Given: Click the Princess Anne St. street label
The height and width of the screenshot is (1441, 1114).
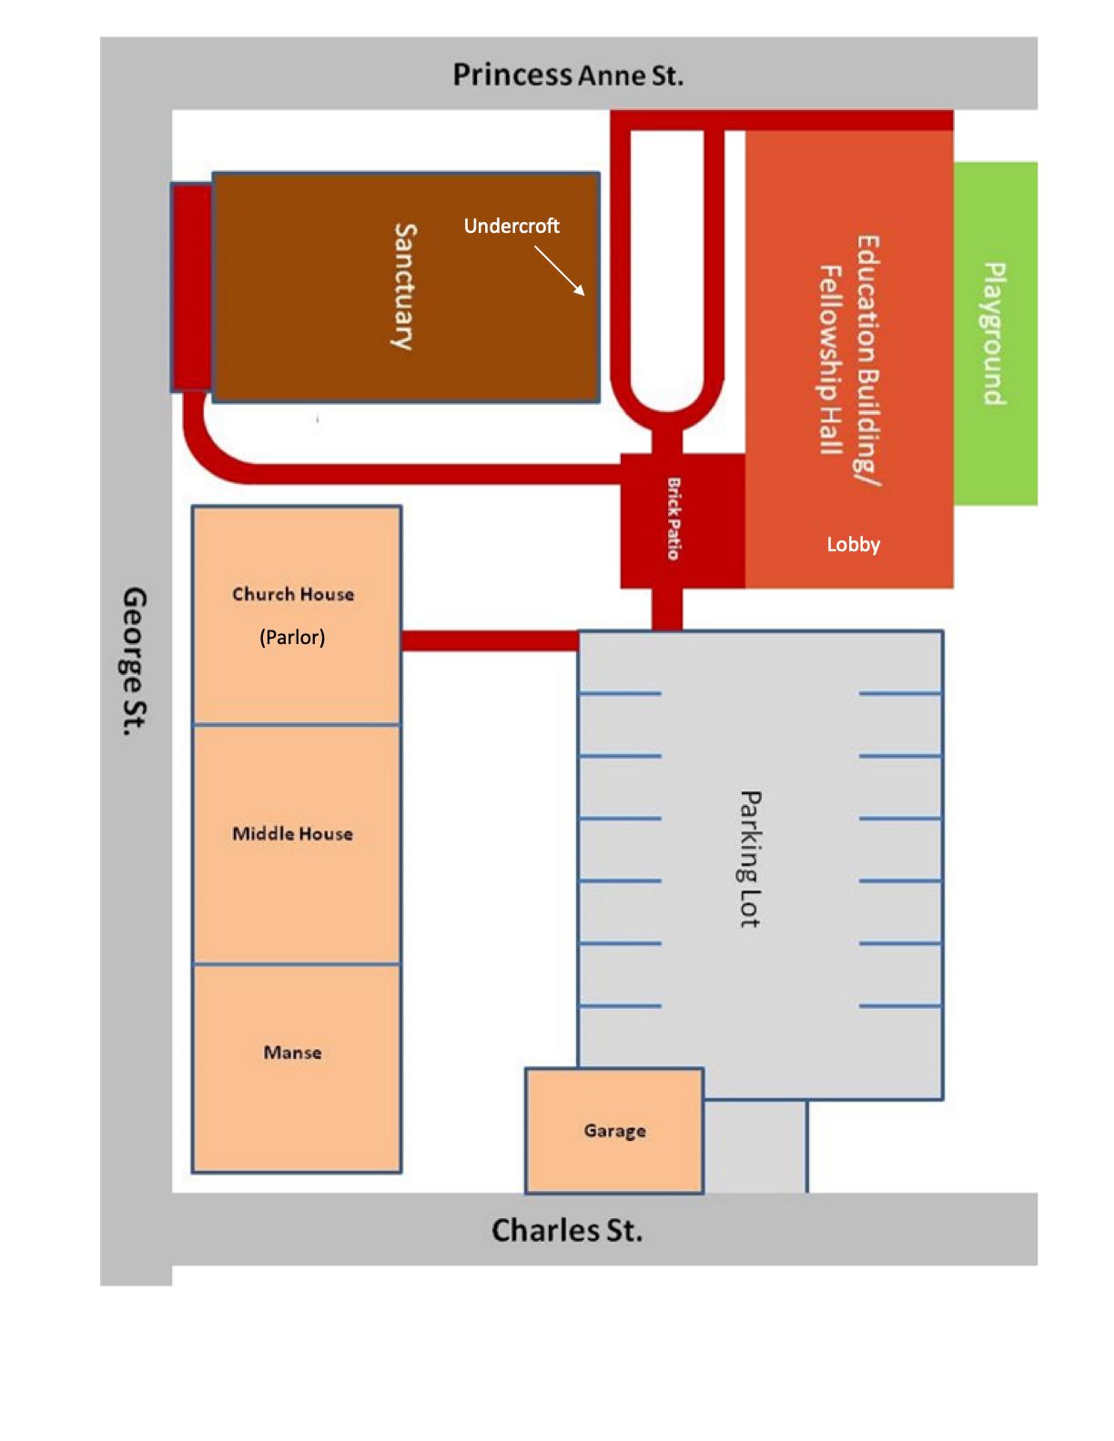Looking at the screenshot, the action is [x=568, y=75].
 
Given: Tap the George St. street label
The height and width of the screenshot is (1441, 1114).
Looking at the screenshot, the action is [x=135, y=661].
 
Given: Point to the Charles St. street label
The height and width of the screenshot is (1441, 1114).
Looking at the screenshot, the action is [x=567, y=1231].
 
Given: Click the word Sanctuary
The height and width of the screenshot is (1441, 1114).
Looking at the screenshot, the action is [x=404, y=287].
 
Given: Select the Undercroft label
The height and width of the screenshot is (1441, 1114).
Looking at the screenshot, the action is [x=511, y=227].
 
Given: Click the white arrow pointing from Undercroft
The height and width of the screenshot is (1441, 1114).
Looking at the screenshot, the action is [x=560, y=270].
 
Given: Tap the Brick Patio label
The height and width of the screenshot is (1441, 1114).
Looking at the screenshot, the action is [x=673, y=519].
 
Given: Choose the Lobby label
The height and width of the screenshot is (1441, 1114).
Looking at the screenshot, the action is [x=854, y=545].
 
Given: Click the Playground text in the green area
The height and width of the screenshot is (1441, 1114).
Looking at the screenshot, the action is [x=995, y=334].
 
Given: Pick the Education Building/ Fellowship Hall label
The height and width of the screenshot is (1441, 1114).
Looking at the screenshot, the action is [x=850, y=361].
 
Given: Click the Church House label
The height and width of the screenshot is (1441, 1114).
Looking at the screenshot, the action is [x=292, y=594].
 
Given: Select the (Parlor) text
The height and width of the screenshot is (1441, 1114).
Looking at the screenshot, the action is [x=292, y=638].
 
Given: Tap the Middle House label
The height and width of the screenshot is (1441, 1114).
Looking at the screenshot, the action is [x=292, y=834].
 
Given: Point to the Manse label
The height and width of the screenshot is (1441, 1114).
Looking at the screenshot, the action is [x=292, y=1053].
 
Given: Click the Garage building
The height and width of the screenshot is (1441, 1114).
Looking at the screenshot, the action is [x=614, y=1130].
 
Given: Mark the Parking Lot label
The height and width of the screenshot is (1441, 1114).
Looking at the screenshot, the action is [x=751, y=859].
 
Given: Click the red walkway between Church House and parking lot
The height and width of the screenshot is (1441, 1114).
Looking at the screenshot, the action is [x=491, y=640].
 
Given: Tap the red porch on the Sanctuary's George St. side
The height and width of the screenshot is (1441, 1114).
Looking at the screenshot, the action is [x=192, y=287].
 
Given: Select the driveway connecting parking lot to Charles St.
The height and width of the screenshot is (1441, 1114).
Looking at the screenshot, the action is [x=755, y=1146].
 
